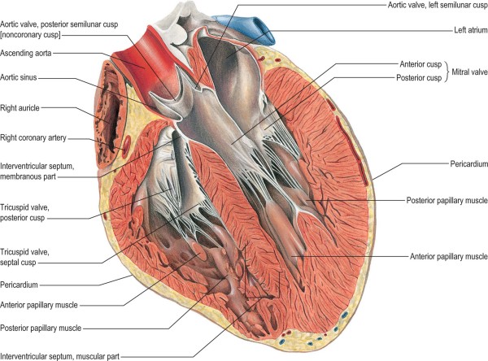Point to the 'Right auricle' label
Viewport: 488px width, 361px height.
pos(20,107)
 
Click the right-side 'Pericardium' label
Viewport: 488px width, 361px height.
pos(468,164)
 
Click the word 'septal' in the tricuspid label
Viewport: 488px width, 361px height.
pos(11,262)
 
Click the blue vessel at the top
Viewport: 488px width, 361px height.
pos(248,28)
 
